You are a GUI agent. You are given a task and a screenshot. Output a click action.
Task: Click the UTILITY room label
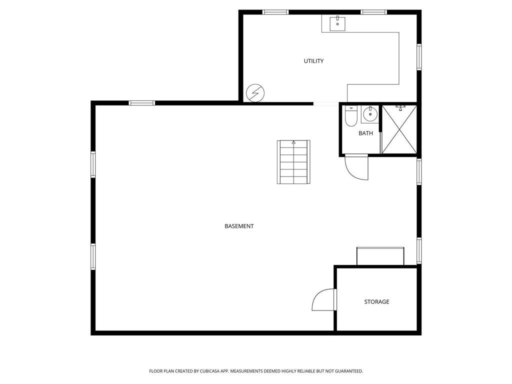tap(313, 61)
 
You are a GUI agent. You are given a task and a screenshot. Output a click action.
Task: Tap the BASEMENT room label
tap(239, 226)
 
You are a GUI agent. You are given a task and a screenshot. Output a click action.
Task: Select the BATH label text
tap(365, 133)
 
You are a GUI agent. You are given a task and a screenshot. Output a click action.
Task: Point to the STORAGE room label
tap(376, 302)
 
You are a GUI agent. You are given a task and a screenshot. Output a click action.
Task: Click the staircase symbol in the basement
tap(293, 162)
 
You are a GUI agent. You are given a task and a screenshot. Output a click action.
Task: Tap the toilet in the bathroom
tap(351, 116)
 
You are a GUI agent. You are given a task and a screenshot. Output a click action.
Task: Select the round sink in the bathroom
tap(370, 114)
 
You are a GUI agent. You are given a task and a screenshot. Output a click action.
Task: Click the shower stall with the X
tap(399, 129)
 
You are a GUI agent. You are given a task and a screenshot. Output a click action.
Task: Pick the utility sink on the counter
tap(337, 22)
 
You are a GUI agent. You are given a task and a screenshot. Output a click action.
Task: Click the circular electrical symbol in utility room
tap(255, 92)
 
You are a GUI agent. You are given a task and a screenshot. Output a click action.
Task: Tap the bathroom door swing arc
tap(356, 168)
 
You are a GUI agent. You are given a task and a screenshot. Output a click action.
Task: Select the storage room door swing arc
tap(322, 300)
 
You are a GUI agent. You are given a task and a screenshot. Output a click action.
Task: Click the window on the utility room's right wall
tap(419, 57)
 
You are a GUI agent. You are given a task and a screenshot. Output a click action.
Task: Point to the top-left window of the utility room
tap(275, 12)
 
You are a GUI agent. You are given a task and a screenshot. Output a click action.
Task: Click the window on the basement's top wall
tap(142, 103)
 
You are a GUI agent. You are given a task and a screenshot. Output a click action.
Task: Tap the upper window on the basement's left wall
tap(93, 164)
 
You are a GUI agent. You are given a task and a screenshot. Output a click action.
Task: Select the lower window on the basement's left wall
tap(93, 256)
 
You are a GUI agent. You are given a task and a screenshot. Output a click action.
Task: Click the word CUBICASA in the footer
tap(202, 371)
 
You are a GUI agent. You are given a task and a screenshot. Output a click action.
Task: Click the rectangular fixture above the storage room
tap(380, 255)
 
